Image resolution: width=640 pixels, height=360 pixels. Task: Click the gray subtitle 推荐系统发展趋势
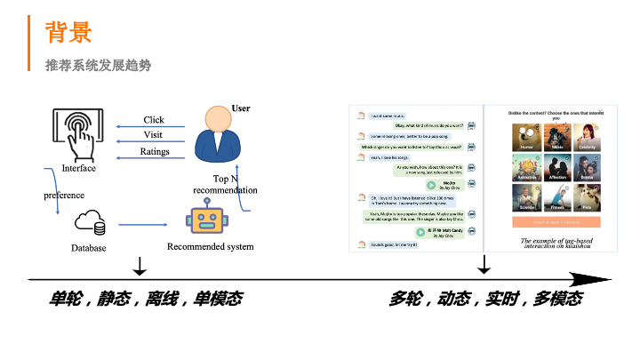click(x=99, y=65)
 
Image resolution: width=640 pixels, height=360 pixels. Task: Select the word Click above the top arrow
click(x=154, y=120)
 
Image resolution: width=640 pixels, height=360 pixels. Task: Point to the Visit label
click(x=154, y=135)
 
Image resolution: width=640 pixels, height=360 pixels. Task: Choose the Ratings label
click(x=155, y=151)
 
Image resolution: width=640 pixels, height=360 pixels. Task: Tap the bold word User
click(x=240, y=108)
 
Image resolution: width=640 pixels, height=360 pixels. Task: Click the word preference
click(x=64, y=195)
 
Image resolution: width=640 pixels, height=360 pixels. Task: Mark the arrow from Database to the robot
click(x=147, y=224)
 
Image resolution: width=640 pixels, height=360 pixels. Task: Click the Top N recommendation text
click(x=225, y=184)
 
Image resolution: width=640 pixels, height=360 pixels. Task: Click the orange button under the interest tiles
click(x=556, y=222)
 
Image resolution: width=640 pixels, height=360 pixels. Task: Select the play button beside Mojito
click(x=430, y=185)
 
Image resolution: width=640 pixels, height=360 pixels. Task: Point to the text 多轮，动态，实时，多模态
click(x=485, y=299)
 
